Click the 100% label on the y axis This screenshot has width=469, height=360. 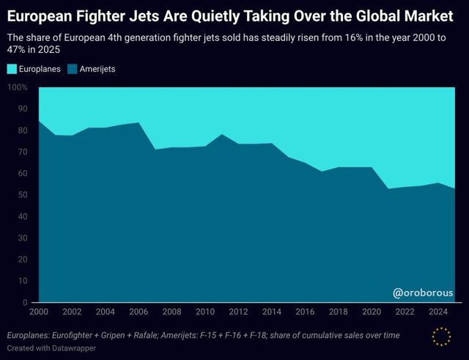(x=17, y=87)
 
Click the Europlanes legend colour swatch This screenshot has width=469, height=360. (x=12, y=68)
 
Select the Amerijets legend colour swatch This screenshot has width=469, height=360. (x=72, y=68)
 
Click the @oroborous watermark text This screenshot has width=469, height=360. (x=423, y=293)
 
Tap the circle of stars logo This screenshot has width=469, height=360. (x=442, y=337)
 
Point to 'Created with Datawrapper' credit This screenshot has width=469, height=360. (x=52, y=348)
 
